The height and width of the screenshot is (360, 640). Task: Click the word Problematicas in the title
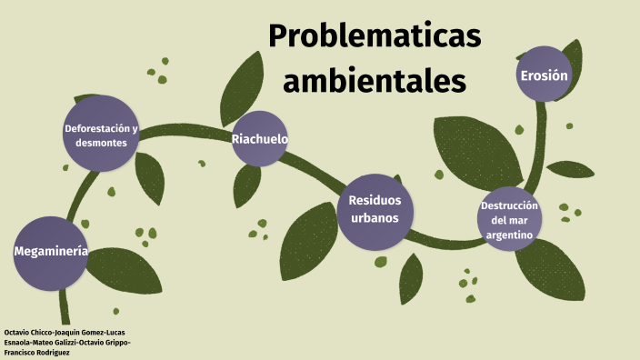coord(374,37)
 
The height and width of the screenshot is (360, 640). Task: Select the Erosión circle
coord(545,75)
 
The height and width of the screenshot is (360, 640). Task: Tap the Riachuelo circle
coord(259,139)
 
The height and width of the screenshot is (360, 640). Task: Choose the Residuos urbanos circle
coord(375,210)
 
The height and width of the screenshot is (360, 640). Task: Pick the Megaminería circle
coord(51,253)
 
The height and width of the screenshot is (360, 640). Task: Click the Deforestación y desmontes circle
coord(101,135)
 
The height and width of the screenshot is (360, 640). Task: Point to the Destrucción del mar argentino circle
coord(509,219)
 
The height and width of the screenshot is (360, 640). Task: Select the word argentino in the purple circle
coord(509,235)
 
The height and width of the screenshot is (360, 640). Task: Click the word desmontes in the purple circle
coord(101,144)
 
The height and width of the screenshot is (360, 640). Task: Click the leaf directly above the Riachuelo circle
coord(243,81)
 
